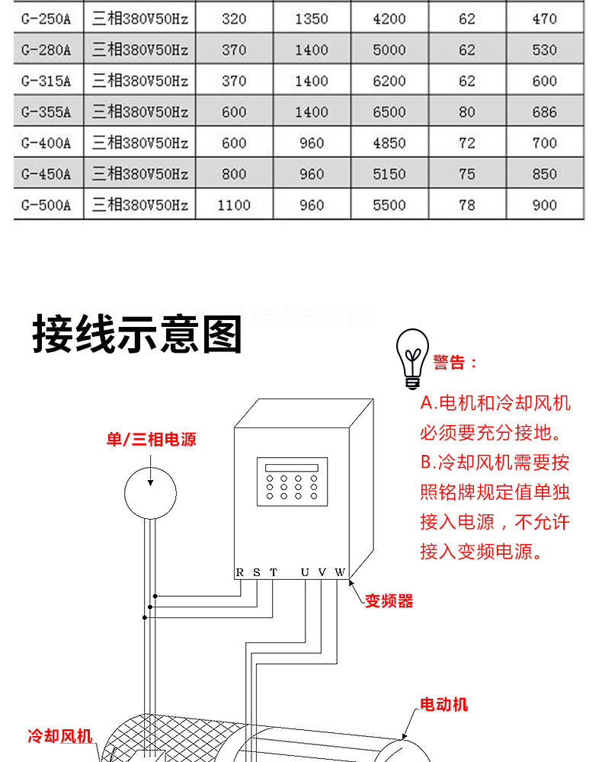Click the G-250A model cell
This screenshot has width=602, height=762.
[46, 19]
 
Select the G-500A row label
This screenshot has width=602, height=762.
[46, 205]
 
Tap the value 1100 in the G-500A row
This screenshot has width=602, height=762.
[234, 205]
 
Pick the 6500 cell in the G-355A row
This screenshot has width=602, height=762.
[389, 112]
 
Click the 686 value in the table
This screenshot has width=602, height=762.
[544, 112]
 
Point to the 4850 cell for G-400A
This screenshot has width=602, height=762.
[389, 143]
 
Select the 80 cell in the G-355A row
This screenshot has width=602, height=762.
[467, 112]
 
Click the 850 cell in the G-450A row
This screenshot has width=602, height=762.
[544, 174]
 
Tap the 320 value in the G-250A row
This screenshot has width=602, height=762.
[234, 19]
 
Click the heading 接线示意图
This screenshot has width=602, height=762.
[137, 335]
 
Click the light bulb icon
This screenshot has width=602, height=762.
[411, 358]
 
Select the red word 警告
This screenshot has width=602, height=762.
[453, 363]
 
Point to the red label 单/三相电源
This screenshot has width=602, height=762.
[151, 440]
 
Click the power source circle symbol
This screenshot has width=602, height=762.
[151, 491]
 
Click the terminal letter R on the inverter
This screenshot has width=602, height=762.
[239, 572]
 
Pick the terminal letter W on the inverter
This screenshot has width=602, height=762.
[340, 572]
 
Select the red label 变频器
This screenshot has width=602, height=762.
[389, 601]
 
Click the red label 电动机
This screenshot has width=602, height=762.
[444, 704]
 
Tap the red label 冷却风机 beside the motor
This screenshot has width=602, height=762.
[60, 736]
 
